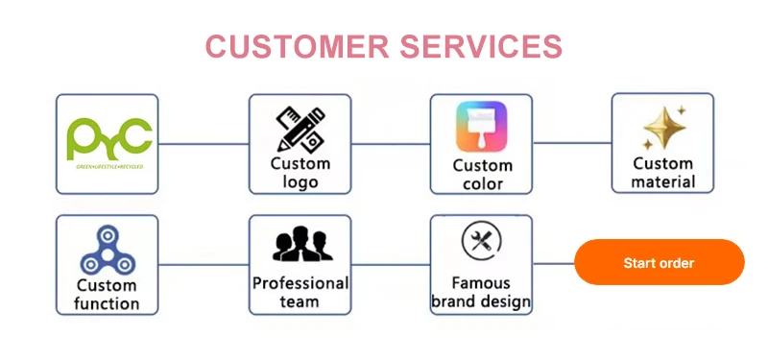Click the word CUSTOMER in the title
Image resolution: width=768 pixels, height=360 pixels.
[290, 46]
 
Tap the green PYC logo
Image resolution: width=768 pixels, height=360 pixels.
[108, 139]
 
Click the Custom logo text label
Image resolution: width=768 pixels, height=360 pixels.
[300, 173]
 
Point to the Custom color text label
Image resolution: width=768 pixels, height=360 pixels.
[482, 175]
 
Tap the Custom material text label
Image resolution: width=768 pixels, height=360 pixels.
[663, 173]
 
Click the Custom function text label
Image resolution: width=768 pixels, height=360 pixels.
[108, 295]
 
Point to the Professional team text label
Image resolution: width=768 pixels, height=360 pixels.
[300, 293]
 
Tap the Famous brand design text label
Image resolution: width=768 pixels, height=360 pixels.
[481, 293]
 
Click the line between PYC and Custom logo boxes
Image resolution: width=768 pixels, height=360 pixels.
[204, 144]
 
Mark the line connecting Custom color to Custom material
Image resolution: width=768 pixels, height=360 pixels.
[572, 144]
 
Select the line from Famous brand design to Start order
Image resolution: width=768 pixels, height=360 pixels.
[553, 263]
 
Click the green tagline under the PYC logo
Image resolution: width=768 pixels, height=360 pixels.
[108, 165]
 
